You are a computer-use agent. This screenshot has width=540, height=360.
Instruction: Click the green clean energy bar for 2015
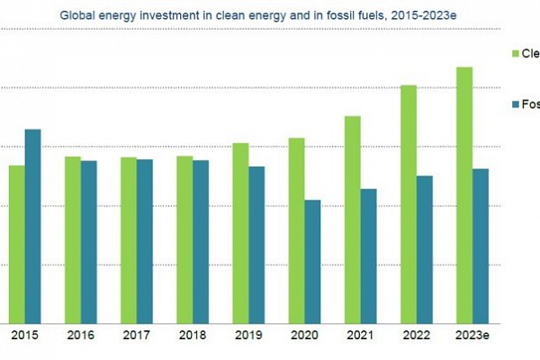coord(17,244)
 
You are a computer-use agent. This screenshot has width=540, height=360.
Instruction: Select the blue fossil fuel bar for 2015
coord(32,226)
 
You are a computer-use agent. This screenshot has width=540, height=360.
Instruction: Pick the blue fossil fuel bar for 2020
coord(312,261)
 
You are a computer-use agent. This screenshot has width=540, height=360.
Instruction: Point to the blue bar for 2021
coord(368,256)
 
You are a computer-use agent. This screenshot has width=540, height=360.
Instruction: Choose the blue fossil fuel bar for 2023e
coord(481,246)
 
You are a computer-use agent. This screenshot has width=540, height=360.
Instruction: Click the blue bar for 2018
coord(201,241)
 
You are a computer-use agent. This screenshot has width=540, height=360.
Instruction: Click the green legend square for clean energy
coord(516,54)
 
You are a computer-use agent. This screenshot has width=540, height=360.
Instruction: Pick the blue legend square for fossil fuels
coord(516,104)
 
